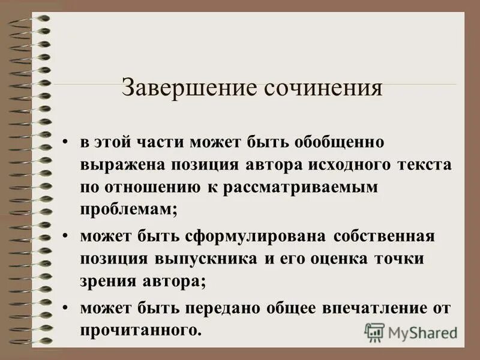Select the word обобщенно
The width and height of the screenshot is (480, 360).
(339, 143)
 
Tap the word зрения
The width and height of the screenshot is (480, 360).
(104, 280)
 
